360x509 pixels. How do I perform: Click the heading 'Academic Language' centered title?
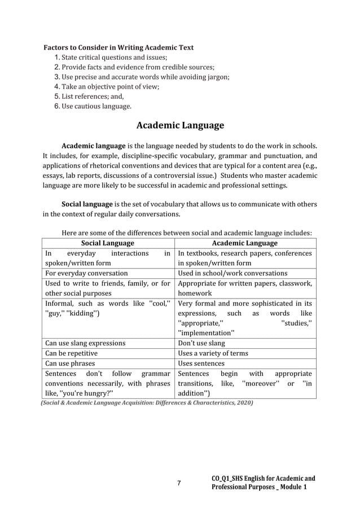pyautogui.click(x=180, y=125)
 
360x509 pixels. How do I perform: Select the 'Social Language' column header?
pyautogui.click(x=108, y=243)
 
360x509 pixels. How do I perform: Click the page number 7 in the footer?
pyautogui.click(x=179, y=483)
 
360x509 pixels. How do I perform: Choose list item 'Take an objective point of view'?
pyautogui.click(x=110, y=86)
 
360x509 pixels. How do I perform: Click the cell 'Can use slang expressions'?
pyautogui.click(x=85, y=343)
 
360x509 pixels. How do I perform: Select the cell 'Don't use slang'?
pyautogui.click(x=201, y=343)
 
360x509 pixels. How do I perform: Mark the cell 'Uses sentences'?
pyautogui.click(x=201, y=363)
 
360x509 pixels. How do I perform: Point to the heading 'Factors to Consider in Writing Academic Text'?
pyautogui.click(x=118, y=47)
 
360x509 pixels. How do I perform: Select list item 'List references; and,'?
pyautogui.click(x=92, y=96)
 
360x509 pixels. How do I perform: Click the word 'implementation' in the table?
pyautogui.click(x=204, y=332)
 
